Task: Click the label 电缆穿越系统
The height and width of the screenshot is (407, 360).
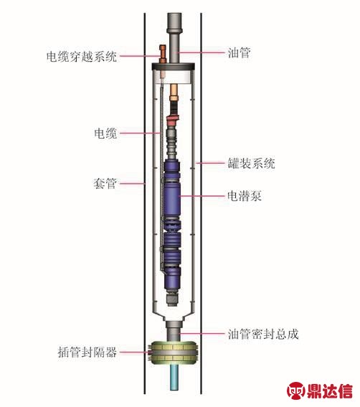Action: click(82, 56)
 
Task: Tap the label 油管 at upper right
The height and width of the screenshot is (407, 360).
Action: click(239, 52)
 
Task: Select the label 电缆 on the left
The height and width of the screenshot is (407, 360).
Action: click(105, 134)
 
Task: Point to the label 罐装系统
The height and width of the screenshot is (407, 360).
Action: click(251, 163)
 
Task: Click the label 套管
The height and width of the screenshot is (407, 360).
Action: click(105, 184)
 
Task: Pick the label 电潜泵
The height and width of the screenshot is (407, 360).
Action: click(245, 196)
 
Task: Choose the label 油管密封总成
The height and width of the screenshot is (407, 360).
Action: click(263, 334)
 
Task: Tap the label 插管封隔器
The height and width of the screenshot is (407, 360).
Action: click(87, 352)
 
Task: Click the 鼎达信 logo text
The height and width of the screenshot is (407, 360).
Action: click(330, 391)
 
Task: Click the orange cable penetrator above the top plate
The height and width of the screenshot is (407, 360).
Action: click(163, 54)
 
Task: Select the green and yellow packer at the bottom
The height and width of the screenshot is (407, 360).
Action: click(174, 353)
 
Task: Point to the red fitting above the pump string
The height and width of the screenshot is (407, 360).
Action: click(173, 120)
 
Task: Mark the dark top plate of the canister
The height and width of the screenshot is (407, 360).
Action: click(174, 67)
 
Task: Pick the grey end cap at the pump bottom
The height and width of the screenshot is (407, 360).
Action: click(172, 299)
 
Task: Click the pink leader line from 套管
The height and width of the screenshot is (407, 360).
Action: click(133, 184)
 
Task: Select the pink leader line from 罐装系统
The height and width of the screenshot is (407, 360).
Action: click(210, 163)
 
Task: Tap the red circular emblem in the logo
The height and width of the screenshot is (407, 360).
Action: click(296, 391)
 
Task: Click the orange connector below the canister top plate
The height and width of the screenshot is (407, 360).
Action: click(174, 93)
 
